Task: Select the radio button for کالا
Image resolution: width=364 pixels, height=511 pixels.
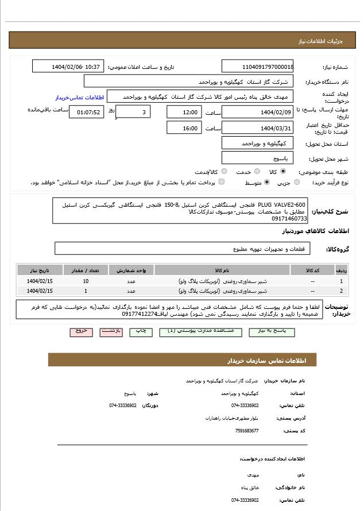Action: [x=283, y=172]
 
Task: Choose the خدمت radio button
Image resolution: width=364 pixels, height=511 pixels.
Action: [x=257, y=172]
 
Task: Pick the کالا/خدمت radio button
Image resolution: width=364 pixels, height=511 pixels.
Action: [x=224, y=172]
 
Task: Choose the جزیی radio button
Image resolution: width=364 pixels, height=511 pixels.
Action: [x=297, y=183]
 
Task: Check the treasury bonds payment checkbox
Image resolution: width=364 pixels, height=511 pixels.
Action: [x=222, y=183]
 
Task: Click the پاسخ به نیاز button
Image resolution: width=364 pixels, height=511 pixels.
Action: [x=275, y=332]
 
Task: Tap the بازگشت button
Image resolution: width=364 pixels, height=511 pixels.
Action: [x=111, y=332]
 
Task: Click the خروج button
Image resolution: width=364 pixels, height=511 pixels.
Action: [x=81, y=332]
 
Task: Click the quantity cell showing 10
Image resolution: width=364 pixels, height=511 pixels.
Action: [x=86, y=281]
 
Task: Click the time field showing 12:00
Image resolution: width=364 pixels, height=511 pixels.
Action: [x=184, y=113]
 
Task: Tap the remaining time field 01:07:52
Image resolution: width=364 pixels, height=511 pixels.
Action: [x=87, y=113]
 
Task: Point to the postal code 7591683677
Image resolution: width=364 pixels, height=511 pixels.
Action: [x=247, y=431]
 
